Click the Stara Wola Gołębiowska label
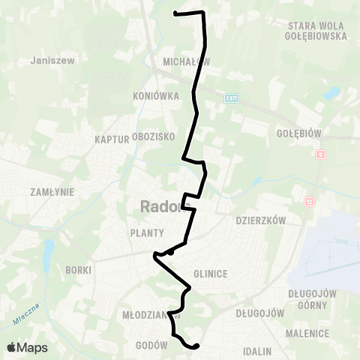316,30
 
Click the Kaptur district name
111,139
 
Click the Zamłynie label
50,192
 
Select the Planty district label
147,232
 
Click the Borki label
78,269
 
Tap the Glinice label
210,274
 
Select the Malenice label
307,333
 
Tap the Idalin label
256,350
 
